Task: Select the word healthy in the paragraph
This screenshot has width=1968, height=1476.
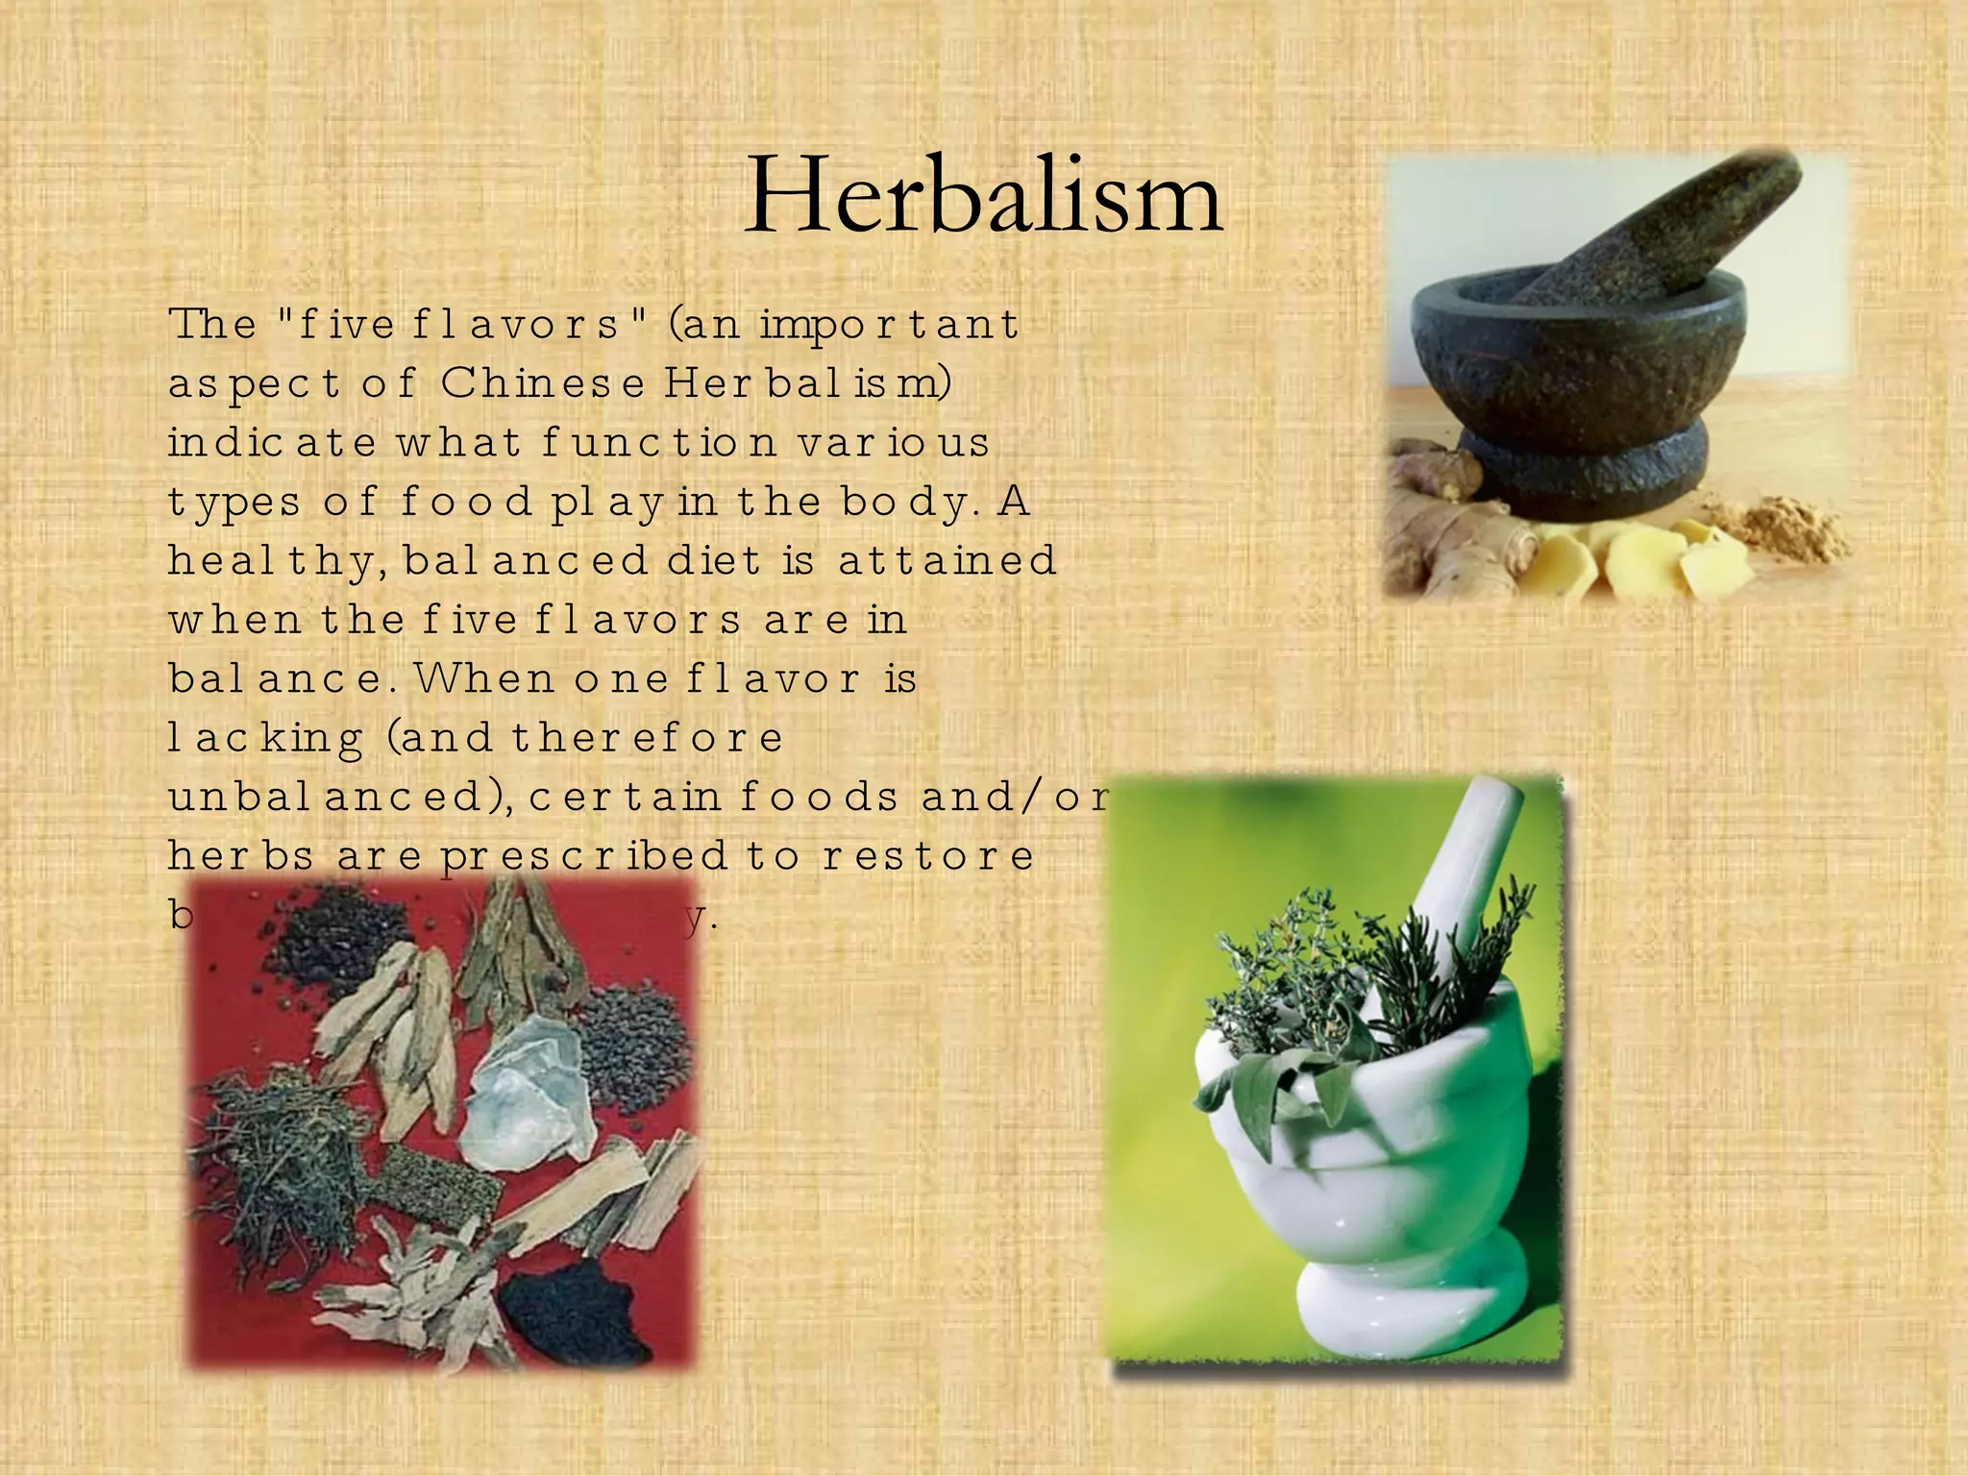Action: point(278,561)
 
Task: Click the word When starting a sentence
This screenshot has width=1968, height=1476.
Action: point(485,678)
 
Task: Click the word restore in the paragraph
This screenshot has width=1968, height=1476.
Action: point(926,855)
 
